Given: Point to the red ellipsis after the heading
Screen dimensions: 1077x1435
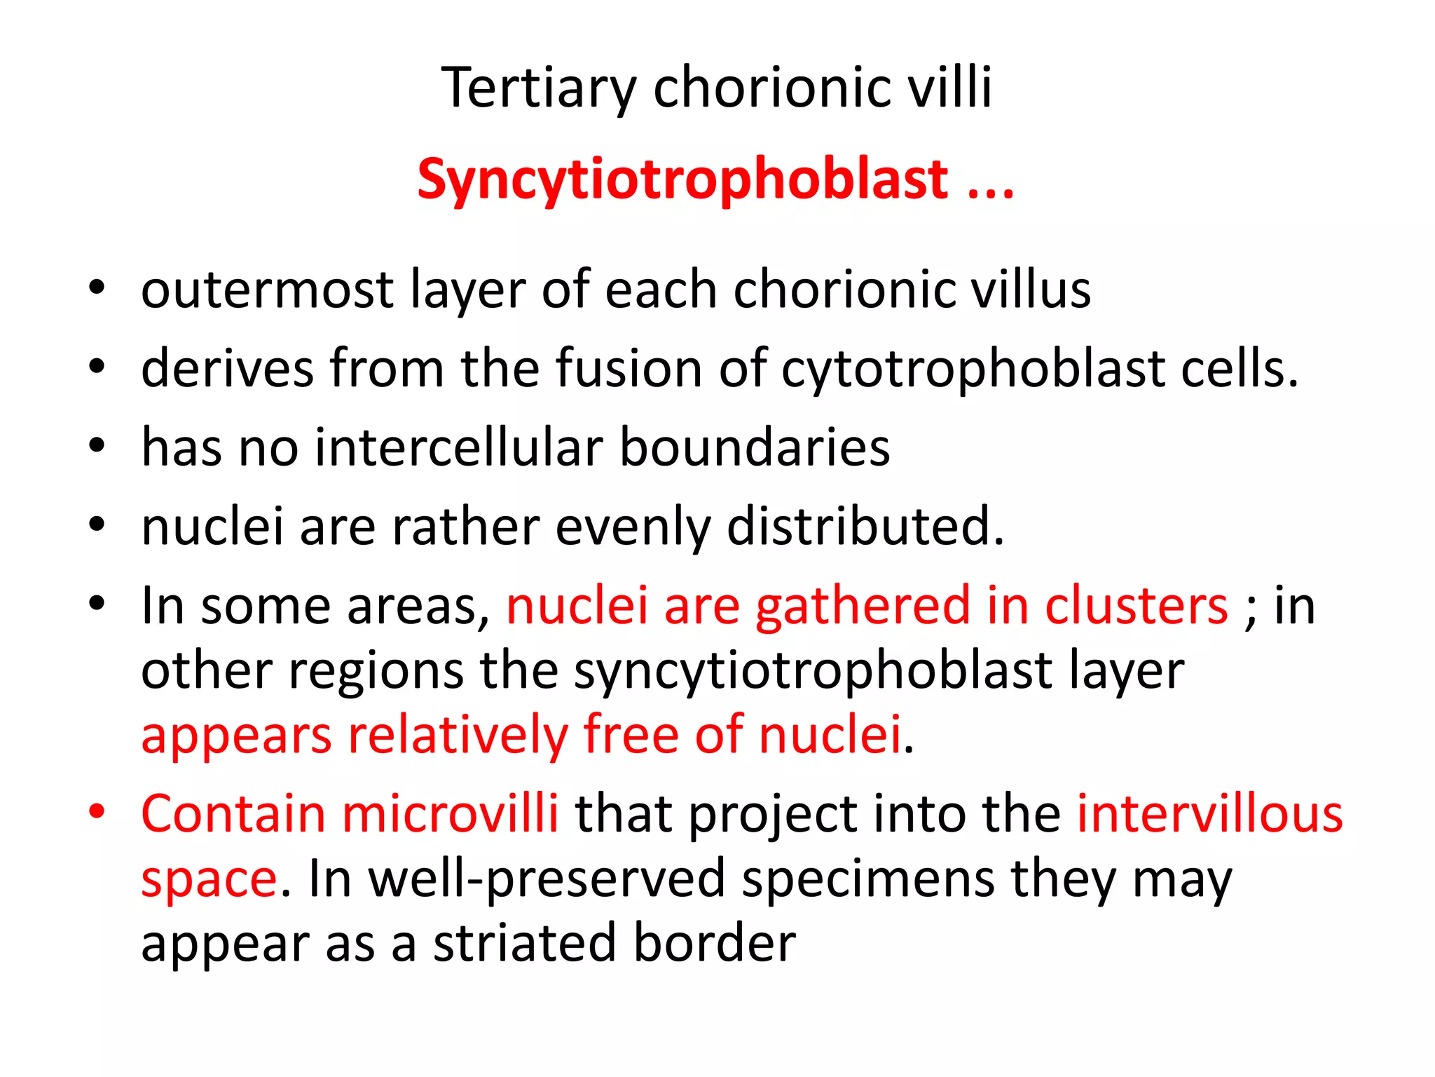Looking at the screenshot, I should click(x=991, y=189).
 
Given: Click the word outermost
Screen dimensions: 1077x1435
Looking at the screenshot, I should click(x=267, y=290).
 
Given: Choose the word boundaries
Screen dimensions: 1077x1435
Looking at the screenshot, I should click(x=755, y=447).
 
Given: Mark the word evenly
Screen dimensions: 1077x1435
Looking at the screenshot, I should click(x=633, y=527).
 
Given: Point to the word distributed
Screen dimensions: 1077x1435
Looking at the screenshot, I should click(x=865, y=526).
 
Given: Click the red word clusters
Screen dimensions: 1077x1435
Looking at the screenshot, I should click(x=1137, y=605).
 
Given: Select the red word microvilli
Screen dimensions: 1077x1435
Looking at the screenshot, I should click(x=450, y=814).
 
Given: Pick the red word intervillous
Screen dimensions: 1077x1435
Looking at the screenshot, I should click(x=1210, y=814).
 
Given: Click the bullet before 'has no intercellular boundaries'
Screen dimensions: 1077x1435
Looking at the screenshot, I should click(x=97, y=445).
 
